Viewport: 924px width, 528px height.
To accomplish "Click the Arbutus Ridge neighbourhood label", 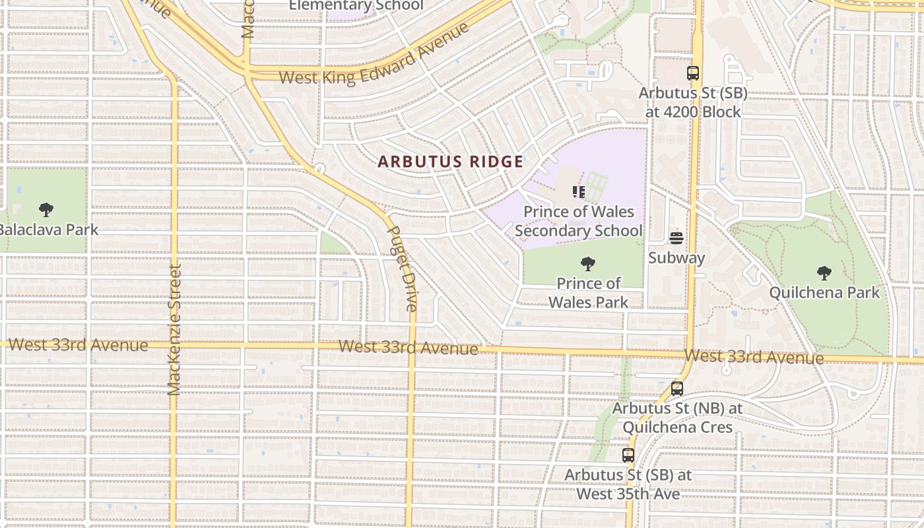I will [x=450, y=162].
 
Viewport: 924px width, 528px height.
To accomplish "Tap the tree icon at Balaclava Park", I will [x=46, y=210].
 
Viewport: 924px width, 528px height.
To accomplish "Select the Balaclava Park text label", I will [x=48, y=230].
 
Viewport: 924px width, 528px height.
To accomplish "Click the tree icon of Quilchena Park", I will [x=824, y=273].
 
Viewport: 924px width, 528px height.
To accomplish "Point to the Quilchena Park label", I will [x=824, y=292].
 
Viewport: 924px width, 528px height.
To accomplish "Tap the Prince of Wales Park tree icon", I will [x=587, y=264].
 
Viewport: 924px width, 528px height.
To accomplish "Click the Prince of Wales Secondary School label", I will [x=578, y=221].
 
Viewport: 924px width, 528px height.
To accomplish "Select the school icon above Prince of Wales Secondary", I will [x=579, y=192].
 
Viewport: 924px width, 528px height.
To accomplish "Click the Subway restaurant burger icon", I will [x=676, y=238].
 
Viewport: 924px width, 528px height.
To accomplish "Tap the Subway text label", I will [x=676, y=257].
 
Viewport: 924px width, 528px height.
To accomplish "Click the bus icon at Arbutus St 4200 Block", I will [x=692, y=73].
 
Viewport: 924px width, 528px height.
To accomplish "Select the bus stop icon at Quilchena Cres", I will [x=676, y=389].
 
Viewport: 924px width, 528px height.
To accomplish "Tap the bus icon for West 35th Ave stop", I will [x=628, y=455].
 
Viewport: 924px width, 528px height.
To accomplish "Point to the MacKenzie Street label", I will [x=174, y=330].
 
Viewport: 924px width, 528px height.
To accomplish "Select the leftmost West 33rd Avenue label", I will [x=78, y=345].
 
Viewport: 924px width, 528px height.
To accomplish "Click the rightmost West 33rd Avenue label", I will [x=754, y=357].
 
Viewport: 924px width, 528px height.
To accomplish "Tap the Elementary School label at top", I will [x=356, y=6].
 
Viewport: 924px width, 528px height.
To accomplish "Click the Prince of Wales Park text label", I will [x=589, y=293].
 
